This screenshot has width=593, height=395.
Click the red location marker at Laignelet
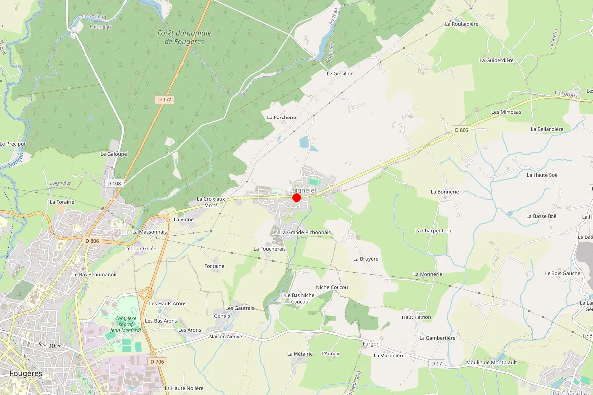click(x=296, y=197)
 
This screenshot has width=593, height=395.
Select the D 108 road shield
click(x=114, y=183)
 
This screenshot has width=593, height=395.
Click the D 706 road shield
click(x=156, y=362)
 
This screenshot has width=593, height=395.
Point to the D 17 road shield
click(x=436, y=364)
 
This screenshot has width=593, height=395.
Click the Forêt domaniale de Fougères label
click(x=184, y=37)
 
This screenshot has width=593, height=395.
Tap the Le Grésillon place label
click(x=340, y=73)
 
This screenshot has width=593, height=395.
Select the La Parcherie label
click(x=281, y=118)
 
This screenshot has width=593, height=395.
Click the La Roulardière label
click(x=462, y=24)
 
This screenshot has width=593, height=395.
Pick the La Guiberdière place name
click(x=497, y=60)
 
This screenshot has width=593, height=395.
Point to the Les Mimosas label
click(x=506, y=112)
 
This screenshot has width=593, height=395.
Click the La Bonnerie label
click(x=445, y=192)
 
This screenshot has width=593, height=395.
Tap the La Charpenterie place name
click(x=434, y=231)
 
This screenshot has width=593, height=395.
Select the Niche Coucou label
click(x=332, y=287)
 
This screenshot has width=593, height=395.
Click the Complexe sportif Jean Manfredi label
click(x=125, y=324)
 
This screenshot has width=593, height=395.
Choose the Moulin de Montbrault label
click(x=491, y=363)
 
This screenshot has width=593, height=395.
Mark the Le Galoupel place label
click(x=114, y=154)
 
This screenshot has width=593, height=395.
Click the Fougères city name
click(x=26, y=373)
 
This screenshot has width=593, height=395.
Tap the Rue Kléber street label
click(x=48, y=346)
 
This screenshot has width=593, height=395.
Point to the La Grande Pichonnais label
click(x=305, y=232)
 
